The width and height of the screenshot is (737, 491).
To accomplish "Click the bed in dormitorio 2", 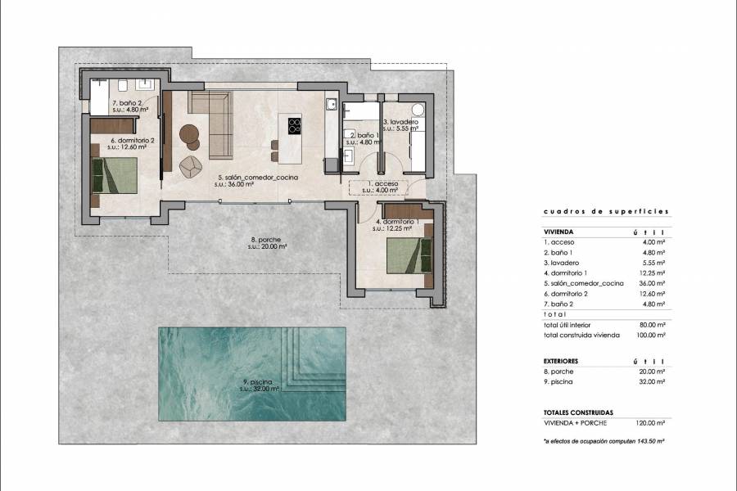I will (115, 173).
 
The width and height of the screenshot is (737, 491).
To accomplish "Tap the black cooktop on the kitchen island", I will (294, 126).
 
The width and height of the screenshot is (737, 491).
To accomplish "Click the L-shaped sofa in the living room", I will (215, 123).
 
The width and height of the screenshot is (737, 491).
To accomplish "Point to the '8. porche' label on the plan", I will (269, 241).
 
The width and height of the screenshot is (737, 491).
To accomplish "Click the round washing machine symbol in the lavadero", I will (417, 110).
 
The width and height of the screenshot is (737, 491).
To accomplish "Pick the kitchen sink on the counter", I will (331, 104).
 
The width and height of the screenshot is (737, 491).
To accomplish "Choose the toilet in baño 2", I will (122, 84).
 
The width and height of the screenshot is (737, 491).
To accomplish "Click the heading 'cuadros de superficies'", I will (605, 211).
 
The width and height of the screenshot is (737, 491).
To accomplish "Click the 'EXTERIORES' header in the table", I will (561, 360).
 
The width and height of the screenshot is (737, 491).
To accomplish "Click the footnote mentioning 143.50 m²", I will (604, 441).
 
